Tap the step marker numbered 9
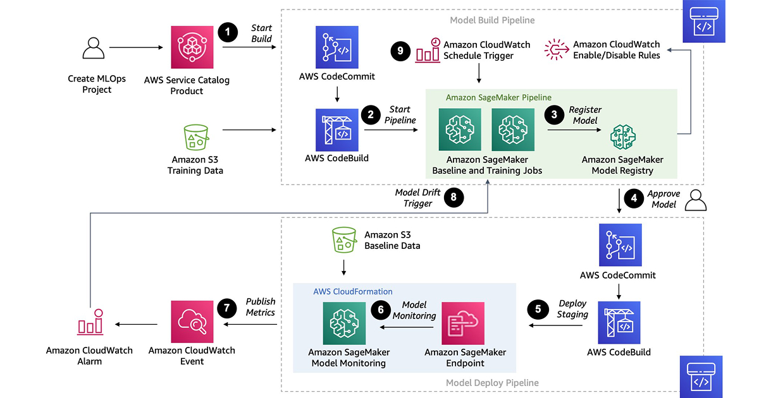pyautogui.click(x=400, y=51)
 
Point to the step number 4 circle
pyautogui.click(x=632, y=199)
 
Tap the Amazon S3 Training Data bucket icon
pyautogui.click(x=195, y=136)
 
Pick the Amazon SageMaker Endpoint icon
pyautogui.click(x=463, y=323)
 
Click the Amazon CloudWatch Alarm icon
pyautogui.click(x=89, y=323)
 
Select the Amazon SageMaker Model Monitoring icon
pyautogui.click(x=344, y=323)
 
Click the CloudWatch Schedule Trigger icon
pyautogui.click(x=428, y=51)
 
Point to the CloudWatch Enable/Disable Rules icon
pyautogui.click(x=557, y=49)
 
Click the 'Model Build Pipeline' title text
pyautogui.click(x=492, y=20)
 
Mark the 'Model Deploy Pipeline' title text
pyautogui.click(x=492, y=383)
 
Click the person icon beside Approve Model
pyautogui.click(x=695, y=200)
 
